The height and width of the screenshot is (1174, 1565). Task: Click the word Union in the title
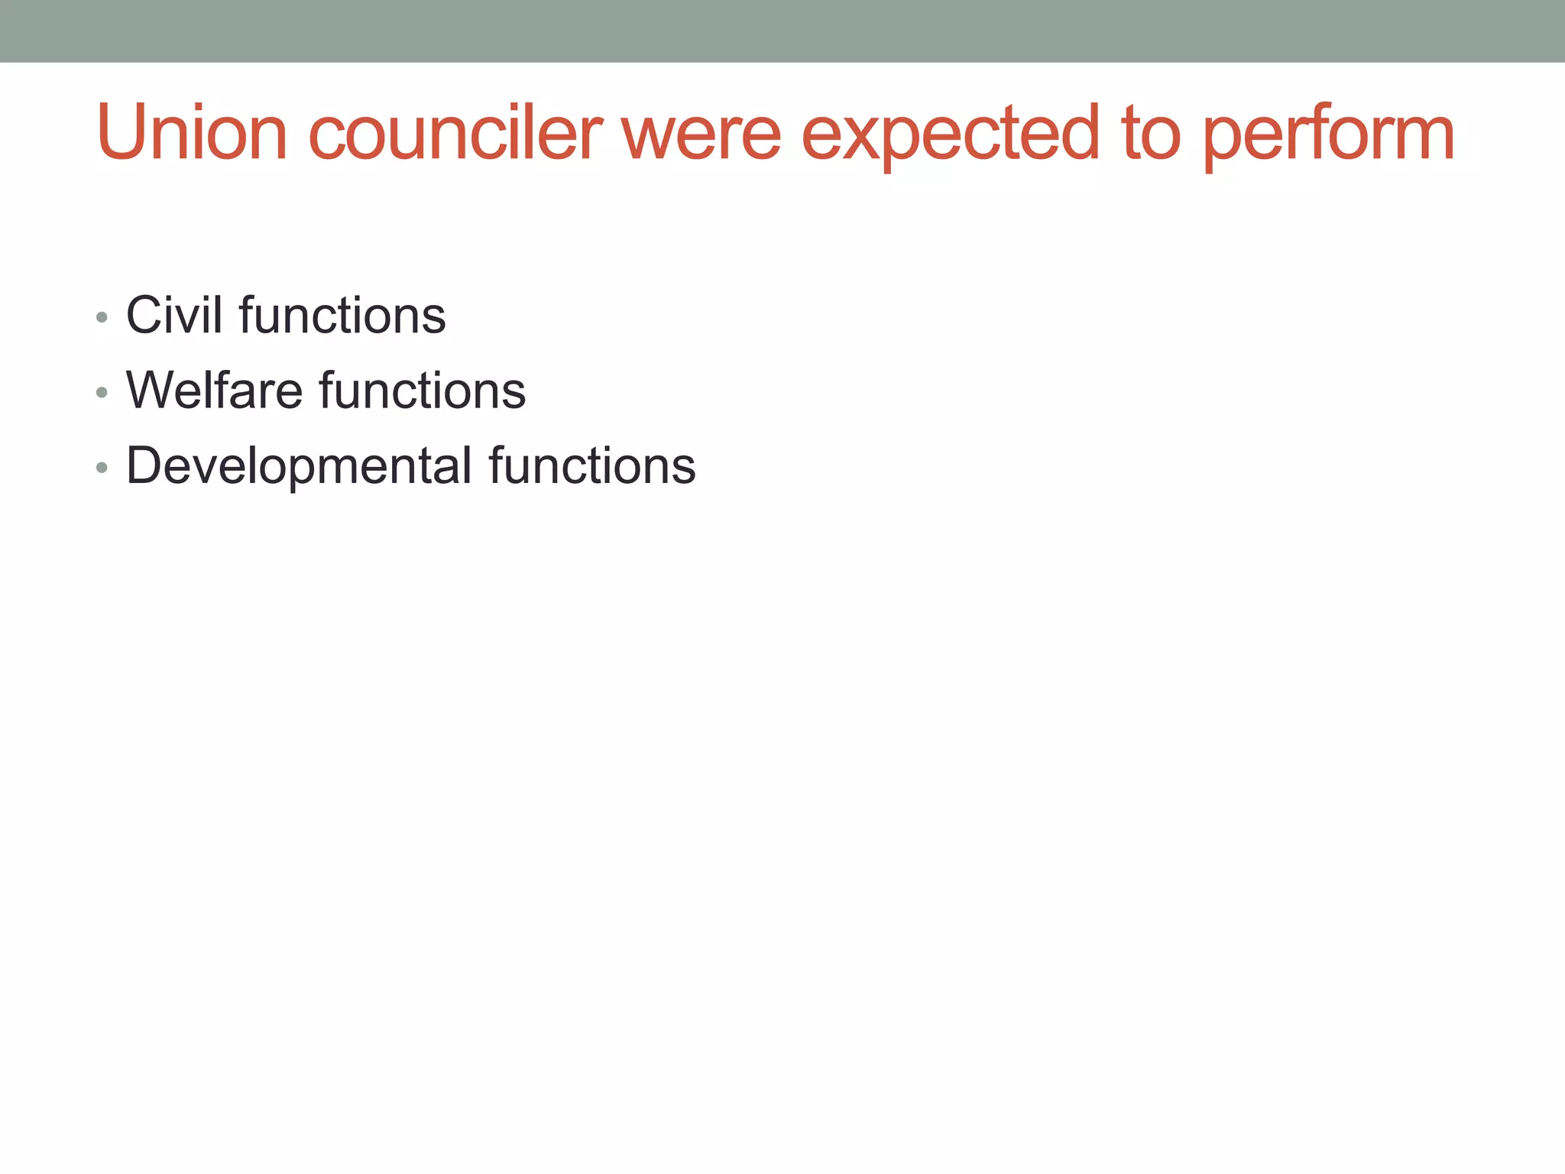192,133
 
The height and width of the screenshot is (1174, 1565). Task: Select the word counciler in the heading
455,133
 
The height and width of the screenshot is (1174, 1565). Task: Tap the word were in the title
701,135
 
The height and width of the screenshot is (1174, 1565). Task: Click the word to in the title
1151,135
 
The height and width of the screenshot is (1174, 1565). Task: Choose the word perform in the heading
1329,136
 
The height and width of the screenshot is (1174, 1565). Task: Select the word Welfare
215,390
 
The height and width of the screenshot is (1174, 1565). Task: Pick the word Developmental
299,465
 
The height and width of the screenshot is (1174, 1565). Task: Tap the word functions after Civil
342,314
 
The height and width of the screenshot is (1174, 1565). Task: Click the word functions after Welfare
422,390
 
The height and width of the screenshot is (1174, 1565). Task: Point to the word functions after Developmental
592,465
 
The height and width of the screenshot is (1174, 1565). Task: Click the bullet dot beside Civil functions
102,316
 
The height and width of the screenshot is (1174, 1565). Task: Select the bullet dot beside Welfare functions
102,392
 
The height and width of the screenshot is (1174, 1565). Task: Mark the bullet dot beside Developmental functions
102,468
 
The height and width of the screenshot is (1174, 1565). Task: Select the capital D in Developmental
144,465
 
